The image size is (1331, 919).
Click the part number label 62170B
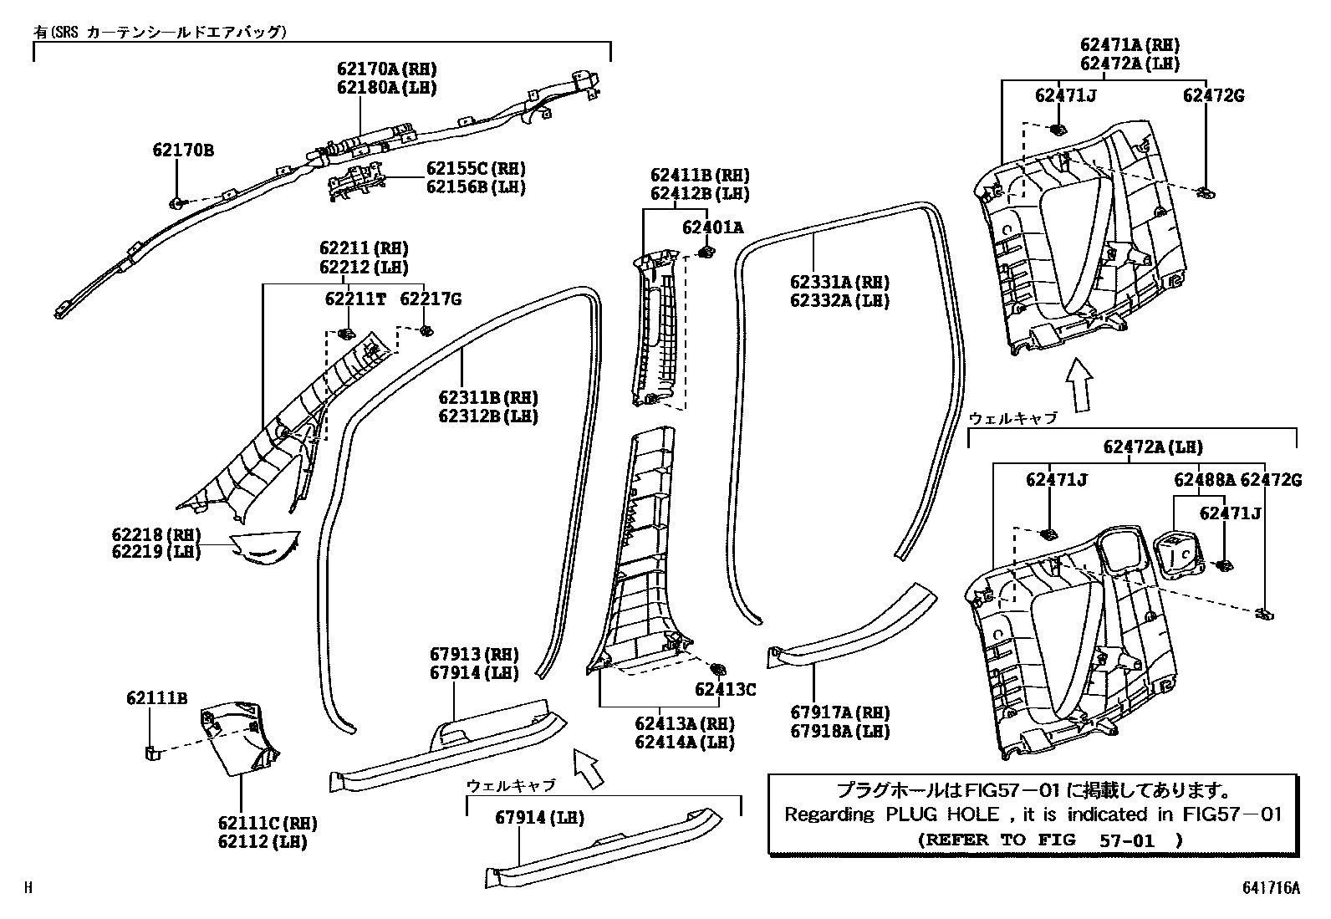183,151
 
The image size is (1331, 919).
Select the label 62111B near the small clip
157,697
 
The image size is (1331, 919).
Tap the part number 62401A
712,227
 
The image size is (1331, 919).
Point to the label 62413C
725,689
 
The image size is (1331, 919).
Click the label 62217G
430,299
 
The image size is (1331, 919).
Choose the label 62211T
355,299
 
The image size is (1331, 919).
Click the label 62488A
1204,479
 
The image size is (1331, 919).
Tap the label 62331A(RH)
839,282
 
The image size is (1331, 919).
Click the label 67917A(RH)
839,712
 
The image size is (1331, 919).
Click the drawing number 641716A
1270,888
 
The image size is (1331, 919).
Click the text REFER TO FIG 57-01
1050,839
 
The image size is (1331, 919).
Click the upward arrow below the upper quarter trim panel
1081,385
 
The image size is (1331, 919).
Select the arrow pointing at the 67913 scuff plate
589,768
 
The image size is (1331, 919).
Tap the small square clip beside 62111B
150,752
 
